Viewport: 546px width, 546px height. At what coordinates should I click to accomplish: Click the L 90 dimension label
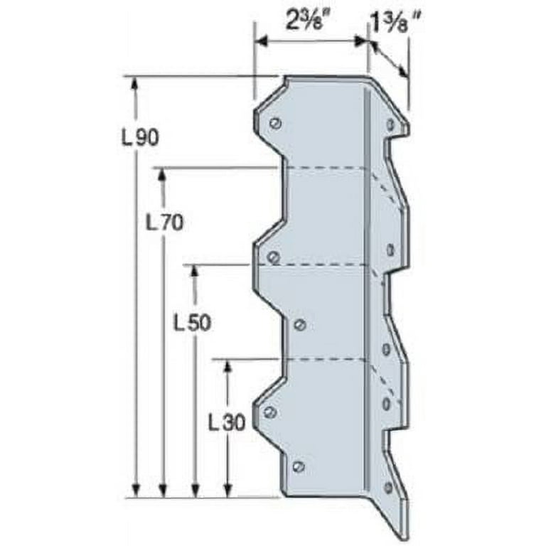(x=140, y=138)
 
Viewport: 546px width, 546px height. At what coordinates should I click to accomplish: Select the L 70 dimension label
(x=164, y=223)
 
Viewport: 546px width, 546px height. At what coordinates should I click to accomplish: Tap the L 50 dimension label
(x=192, y=323)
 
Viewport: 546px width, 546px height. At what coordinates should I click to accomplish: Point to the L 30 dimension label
(x=227, y=423)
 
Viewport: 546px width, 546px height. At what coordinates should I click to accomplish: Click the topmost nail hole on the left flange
(x=276, y=123)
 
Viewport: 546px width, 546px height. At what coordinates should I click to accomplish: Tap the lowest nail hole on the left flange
(x=299, y=466)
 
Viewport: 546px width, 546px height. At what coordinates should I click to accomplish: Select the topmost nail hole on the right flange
(x=391, y=124)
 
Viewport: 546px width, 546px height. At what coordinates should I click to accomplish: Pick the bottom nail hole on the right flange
(x=387, y=488)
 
